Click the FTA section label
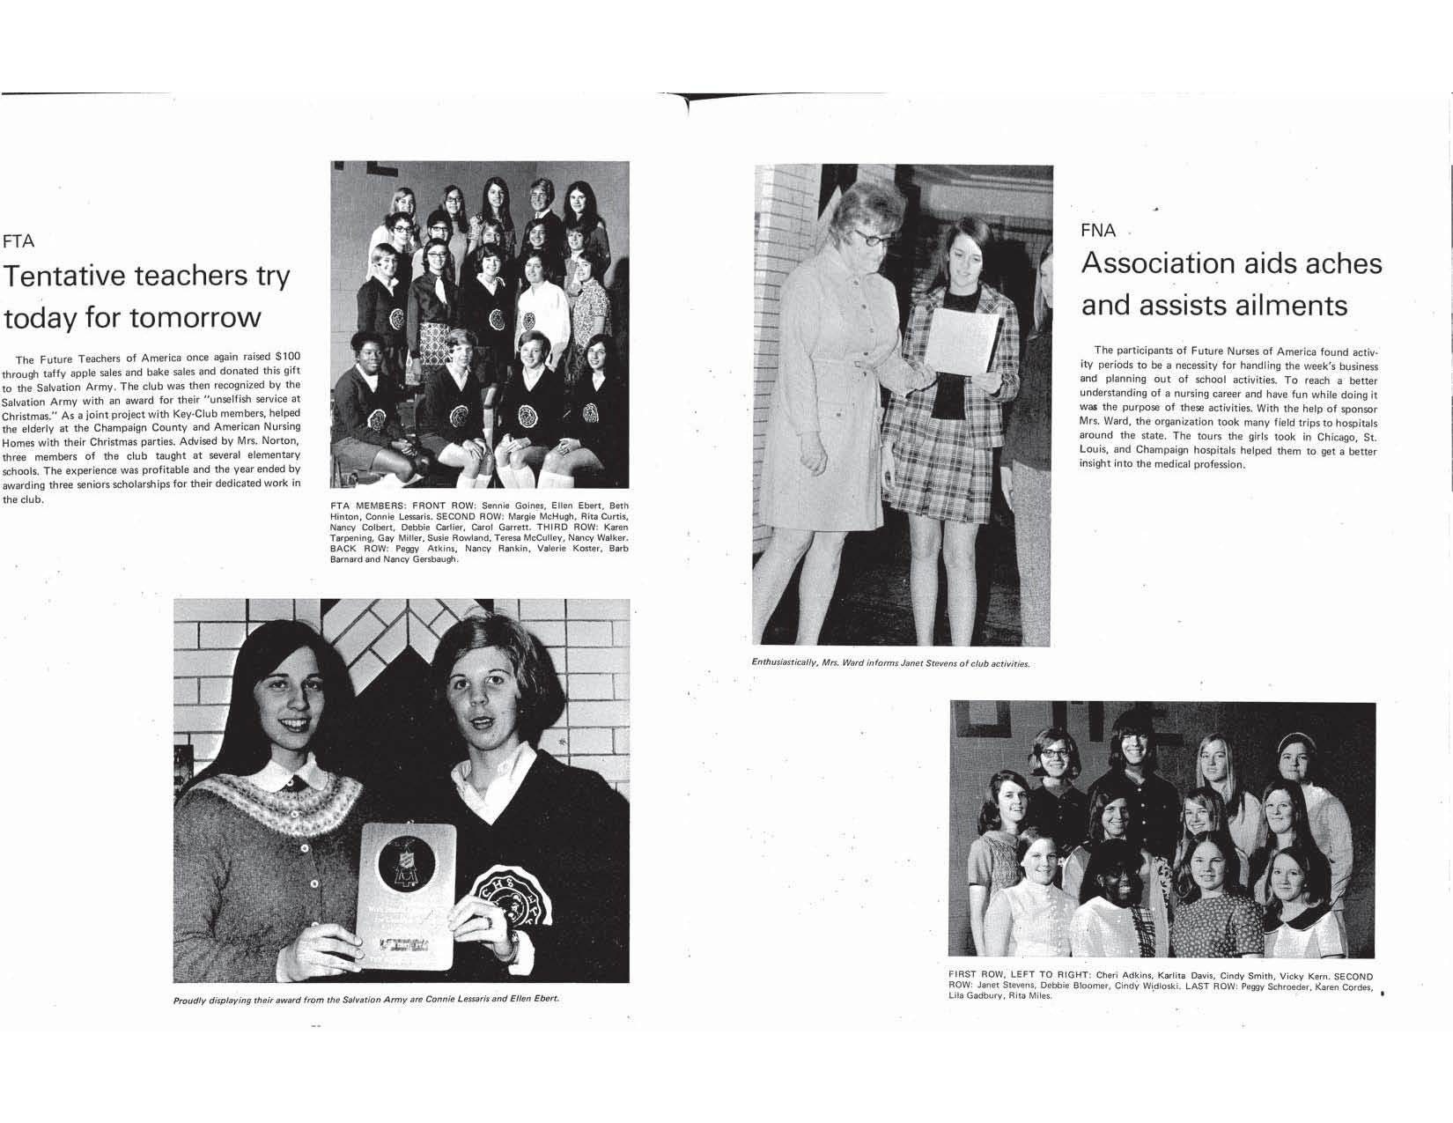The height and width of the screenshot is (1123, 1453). click(x=18, y=241)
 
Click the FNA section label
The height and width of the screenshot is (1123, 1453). click(x=1098, y=231)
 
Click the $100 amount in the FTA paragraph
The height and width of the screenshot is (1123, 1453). click(x=286, y=357)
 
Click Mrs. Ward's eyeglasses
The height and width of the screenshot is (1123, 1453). click(x=871, y=237)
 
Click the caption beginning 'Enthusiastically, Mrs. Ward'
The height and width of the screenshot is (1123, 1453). click(x=890, y=663)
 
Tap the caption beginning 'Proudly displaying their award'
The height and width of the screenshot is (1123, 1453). click(x=365, y=999)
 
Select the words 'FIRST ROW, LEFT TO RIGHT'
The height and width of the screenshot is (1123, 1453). click(x=1018, y=975)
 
